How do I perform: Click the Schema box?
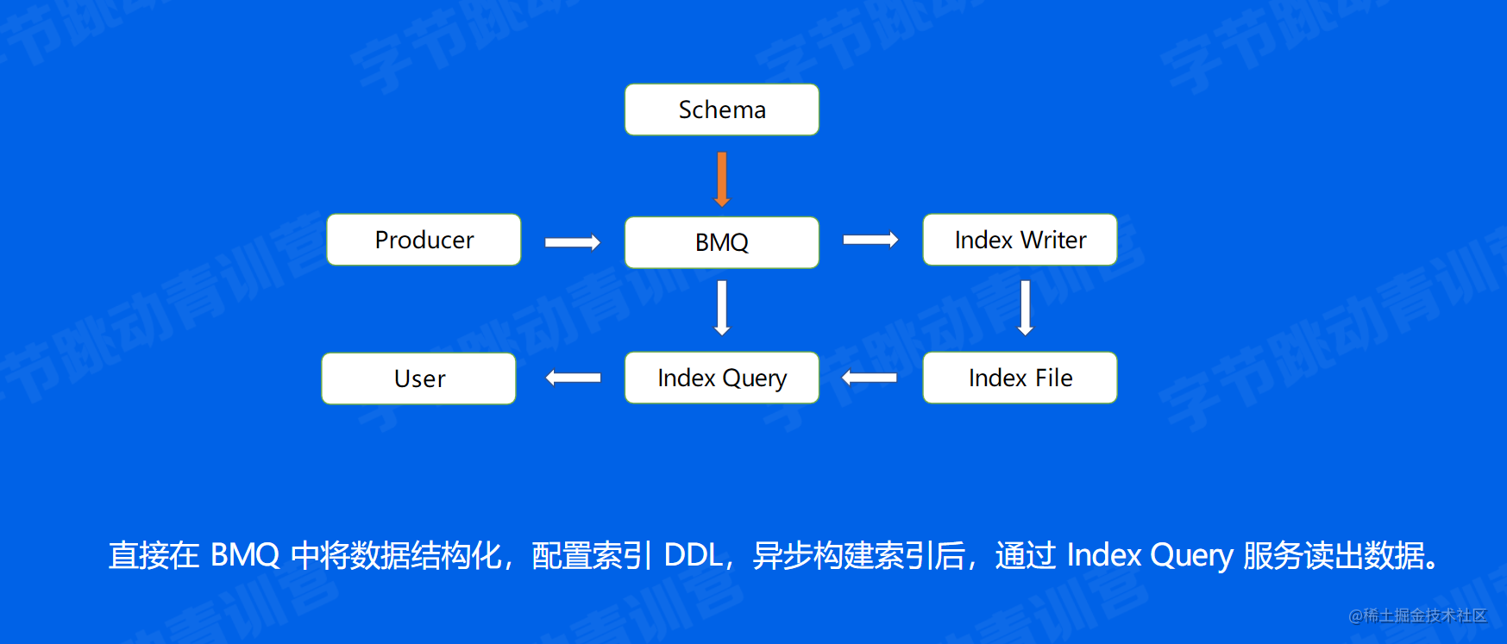pos(721,109)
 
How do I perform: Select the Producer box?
pos(424,240)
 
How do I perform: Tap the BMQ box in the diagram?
pos(721,242)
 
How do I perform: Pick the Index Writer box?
pos(1020,240)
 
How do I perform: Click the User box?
pos(418,378)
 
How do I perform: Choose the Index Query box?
pos(721,378)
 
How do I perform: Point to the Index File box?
pos(1020,378)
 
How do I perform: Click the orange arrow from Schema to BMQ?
pos(722,178)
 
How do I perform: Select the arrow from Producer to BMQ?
pos(572,242)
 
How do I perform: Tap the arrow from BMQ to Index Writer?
pos(870,240)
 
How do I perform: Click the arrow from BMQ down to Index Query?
pos(722,307)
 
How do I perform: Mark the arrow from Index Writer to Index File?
pos(1025,307)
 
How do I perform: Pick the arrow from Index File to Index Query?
pos(870,378)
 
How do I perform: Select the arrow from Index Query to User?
pos(573,378)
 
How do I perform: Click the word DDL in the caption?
pos(694,555)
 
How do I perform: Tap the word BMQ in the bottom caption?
pos(245,555)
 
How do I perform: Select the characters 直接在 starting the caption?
pos(154,555)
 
